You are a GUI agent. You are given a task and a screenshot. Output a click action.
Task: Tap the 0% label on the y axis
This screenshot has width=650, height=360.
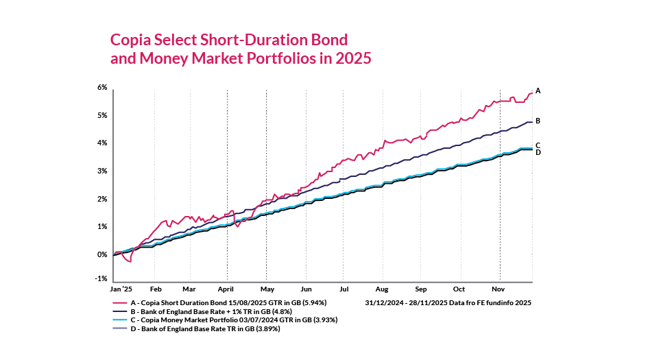pyautogui.click(x=103, y=254)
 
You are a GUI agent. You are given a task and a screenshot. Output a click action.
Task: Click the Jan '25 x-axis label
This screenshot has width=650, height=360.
pyautogui.click(x=121, y=289)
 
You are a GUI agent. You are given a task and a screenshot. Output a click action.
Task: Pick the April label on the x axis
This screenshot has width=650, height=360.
pyautogui.click(x=226, y=289)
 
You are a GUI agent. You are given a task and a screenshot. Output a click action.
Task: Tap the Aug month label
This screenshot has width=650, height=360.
pyautogui.click(x=382, y=289)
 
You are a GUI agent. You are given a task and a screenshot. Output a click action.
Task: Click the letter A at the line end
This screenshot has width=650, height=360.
pyautogui.click(x=538, y=91)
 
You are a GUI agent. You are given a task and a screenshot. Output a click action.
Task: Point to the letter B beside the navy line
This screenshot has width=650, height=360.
pyautogui.click(x=538, y=121)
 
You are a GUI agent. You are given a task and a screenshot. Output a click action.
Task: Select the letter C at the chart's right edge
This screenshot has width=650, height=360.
pyautogui.click(x=538, y=145)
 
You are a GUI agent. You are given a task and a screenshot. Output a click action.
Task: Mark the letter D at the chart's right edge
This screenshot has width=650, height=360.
pyautogui.click(x=538, y=152)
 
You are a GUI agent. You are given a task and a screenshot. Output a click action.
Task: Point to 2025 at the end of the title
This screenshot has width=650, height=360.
pyautogui.click(x=353, y=59)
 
